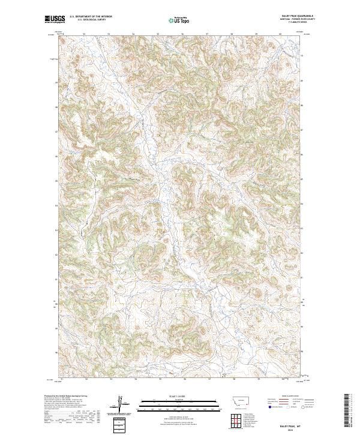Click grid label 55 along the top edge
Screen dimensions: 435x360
158,34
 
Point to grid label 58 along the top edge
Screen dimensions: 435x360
232,34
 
